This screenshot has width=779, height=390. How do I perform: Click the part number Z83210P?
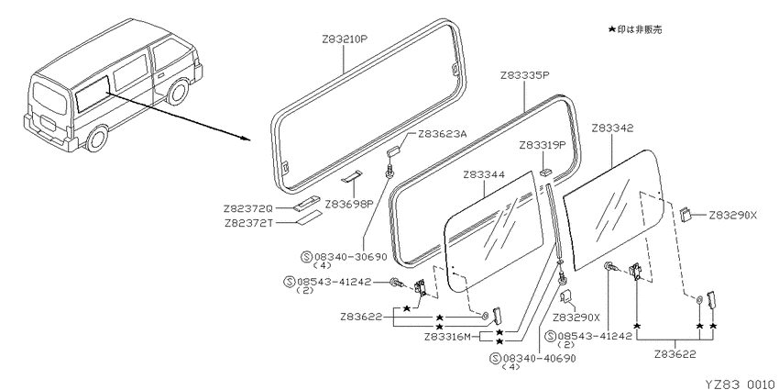tap(344, 39)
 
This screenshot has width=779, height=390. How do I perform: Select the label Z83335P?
tap(524, 75)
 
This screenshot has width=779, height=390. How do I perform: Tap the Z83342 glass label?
tap(612, 128)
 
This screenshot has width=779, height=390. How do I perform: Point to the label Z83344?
tap(484, 174)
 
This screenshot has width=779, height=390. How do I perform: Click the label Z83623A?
tap(442, 133)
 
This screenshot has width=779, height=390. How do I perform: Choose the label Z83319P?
tap(543, 145)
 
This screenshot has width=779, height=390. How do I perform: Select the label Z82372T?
tap(248, 222)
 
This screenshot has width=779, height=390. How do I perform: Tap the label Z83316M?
tap(447, 337)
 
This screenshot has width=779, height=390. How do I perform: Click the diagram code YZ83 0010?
tap(740, 384)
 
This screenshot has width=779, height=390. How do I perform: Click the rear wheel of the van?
tap(97, 139)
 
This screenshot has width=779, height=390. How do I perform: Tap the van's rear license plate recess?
tap(49, 122)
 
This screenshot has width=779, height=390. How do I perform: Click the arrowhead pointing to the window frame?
tap(247, 138)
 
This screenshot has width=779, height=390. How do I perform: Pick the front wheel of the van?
tap(178, 92)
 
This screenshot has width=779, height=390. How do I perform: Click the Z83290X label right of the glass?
tap(733, 216)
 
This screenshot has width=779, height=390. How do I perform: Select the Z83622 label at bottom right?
tap(675, 353)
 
